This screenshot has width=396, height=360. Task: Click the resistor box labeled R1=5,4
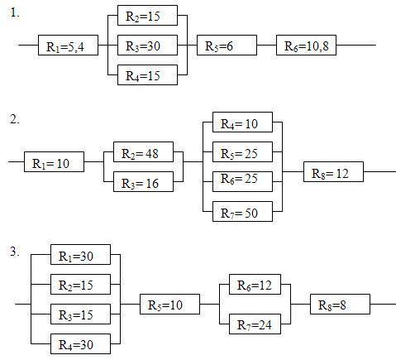coord(68,45)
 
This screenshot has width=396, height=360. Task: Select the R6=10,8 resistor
coord(306,45)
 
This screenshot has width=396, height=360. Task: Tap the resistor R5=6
coord(227,45)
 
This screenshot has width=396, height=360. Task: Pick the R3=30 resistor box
coord(147,45)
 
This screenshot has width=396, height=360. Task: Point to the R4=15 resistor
coord(147,74)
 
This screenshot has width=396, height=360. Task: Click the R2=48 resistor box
coord(143,151)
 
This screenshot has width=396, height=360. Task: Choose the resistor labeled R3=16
coord(143,181)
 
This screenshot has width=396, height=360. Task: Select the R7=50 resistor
coord(242,211)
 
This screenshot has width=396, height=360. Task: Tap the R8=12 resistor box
coord(333,171)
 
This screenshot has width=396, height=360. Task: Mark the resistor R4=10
coord(242,122)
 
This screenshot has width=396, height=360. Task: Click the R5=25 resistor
coord(242,151)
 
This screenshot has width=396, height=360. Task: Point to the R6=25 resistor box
coord(242,181)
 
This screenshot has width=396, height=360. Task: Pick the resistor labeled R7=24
coord(255,324)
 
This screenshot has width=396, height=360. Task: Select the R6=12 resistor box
coord(255,284)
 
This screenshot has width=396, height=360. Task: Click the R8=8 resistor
coord(340,304)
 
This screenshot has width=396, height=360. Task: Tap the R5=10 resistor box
coord(169,304)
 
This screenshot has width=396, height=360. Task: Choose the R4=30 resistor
coord(80,343)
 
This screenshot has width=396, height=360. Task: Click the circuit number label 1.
coord(15,12)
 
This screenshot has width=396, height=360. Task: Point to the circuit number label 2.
coord(15,119)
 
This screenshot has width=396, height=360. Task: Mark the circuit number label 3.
coord(15,252)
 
